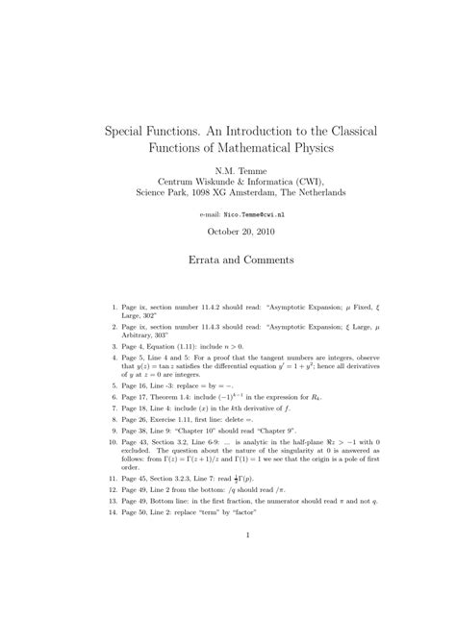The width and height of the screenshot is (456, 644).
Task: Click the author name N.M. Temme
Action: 228,167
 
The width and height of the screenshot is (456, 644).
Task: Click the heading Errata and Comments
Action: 228,260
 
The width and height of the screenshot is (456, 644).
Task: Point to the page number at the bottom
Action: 249,535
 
